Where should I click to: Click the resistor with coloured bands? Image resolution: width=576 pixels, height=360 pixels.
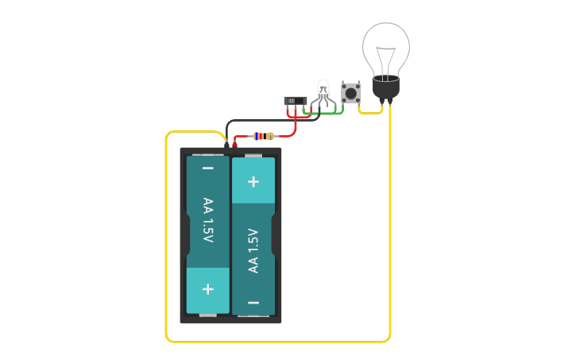[x=263, y=136]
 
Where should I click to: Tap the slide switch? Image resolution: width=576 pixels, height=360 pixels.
[x=295, y=100]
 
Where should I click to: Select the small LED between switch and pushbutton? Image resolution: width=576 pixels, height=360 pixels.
[x=323, y=90]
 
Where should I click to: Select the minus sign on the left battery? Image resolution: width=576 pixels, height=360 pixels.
[x=208, y=168]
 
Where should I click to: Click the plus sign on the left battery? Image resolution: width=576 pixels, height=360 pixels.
[x=208, y=289]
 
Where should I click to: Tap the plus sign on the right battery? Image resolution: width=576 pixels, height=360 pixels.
[x=253, y=181]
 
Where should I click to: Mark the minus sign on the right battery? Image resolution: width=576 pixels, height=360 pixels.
[x=253, y=302]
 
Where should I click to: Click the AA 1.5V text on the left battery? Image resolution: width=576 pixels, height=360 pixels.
[x=208, y=220]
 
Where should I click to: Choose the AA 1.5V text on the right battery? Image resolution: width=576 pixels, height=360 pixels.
[x=253, y=250]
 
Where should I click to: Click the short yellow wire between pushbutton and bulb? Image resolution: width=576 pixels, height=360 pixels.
[x=369, y=112]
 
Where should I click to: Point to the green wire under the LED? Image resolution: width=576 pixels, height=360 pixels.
[x=334, y=113]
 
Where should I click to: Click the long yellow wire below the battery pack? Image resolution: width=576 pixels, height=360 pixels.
[x=278, y=342]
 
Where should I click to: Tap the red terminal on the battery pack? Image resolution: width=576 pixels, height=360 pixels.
[x=234, y=145]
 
